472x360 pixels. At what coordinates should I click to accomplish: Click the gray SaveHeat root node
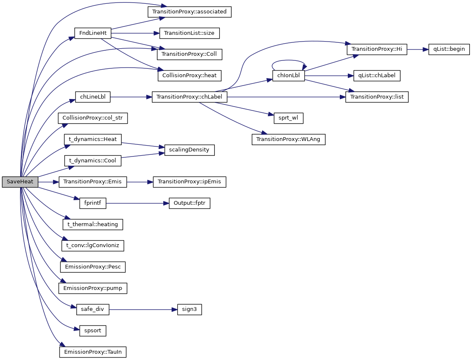20,182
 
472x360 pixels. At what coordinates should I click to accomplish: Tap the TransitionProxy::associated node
189,12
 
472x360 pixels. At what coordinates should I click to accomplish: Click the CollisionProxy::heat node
189,76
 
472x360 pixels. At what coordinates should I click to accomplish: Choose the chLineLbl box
92,97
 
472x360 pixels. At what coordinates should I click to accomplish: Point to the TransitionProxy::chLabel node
189,97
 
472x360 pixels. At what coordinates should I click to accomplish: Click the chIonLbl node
288,76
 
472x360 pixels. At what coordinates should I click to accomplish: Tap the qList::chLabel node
377,76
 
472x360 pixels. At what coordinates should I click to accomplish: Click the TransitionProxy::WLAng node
288,139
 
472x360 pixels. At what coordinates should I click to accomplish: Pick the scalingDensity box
189,150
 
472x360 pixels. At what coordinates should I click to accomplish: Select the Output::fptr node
189,203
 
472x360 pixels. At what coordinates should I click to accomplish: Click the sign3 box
189,310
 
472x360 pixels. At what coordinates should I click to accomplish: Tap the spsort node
92,331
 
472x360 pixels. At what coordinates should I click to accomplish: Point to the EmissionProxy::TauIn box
92,352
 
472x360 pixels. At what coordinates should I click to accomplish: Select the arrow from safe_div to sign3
141,310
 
